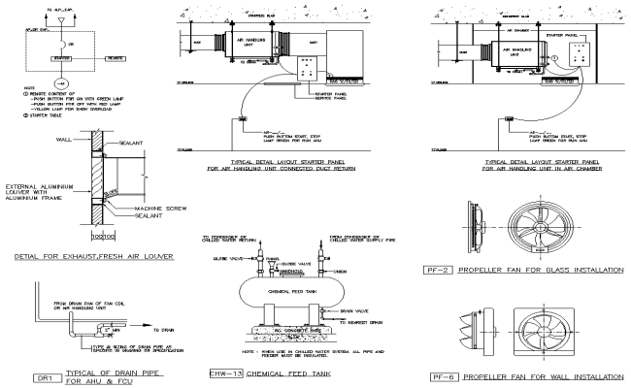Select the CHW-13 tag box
pyautogui.click(x=228, y=372)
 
